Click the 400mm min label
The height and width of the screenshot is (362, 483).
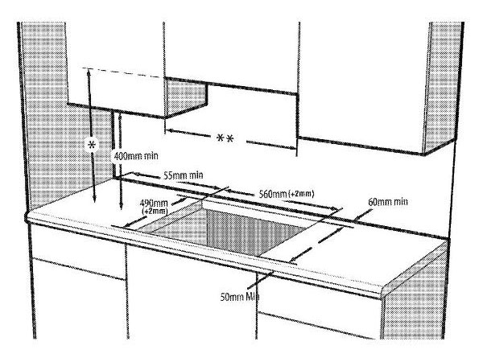coord(136,156)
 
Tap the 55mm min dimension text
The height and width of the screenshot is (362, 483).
coord(183,175)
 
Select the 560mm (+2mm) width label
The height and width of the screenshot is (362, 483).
coord(286,194)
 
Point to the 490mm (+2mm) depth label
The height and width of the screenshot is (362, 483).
coord(154,207)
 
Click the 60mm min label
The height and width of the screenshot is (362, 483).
coord(388,202)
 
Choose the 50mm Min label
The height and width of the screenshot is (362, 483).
coord(240,297)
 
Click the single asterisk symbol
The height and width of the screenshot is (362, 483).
coord(92,144)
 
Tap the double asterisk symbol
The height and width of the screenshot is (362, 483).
coord(225,139)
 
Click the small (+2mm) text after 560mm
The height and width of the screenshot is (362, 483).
coord(301,194)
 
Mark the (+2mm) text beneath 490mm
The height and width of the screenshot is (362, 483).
coord(155,212)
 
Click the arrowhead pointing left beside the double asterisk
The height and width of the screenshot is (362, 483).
coord(170,131)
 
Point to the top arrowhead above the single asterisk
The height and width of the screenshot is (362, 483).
coord(89,72)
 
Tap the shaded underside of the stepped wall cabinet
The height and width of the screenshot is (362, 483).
coord(185,98)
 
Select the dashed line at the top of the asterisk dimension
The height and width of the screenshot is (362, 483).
coord(123,72)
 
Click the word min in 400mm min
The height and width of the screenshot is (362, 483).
coord(151,156)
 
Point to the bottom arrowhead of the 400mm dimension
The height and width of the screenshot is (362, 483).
coord(121,205)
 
